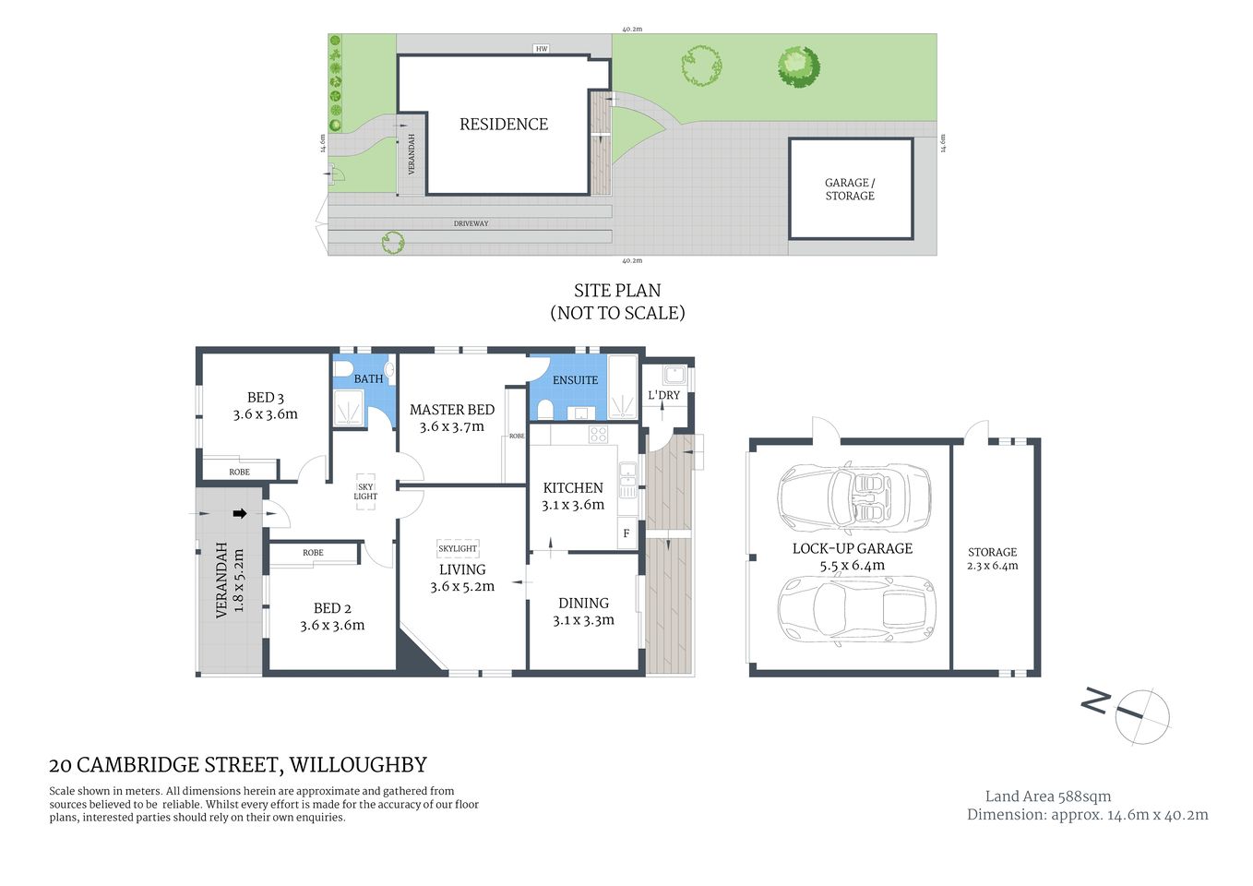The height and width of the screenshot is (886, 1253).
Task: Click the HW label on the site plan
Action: tap(542, 49)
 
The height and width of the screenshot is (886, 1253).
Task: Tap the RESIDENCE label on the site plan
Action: tap(504, 125)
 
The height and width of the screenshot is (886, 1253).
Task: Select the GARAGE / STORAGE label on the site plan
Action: tap(850, 189)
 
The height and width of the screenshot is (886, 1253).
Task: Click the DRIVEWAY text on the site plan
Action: tap(471, 223)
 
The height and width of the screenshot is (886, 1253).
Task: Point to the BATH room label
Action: tap(368, 378)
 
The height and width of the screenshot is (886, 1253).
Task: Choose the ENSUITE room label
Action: tap(575, 380)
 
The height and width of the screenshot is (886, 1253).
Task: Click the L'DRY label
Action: tap(663, 395)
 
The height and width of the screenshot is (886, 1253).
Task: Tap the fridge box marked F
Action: tap(626, 533)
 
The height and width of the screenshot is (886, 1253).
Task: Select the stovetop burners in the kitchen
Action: tap(598, 435)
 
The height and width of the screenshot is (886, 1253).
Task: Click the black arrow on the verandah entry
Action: tap(240, 514)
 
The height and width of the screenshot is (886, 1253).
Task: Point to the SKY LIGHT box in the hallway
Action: tap(365, 491)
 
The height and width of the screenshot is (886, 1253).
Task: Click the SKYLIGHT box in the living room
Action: tap(458, 548)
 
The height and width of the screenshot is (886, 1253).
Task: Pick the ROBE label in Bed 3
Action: tap(239, 472)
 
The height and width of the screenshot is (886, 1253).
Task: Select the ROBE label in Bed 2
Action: tap(313, 553)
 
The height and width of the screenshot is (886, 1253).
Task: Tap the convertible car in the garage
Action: tap(854, 498)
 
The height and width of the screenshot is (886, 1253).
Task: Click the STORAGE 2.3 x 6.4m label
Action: tap(992, 559)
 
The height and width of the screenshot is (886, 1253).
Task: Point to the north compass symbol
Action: tap(1141, 715)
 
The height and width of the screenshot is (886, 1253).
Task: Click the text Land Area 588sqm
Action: tap(1047, 796)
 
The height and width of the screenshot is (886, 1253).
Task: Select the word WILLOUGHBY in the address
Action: tap(358, 765)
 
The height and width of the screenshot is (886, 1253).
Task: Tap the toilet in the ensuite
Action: tap(544, 409)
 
